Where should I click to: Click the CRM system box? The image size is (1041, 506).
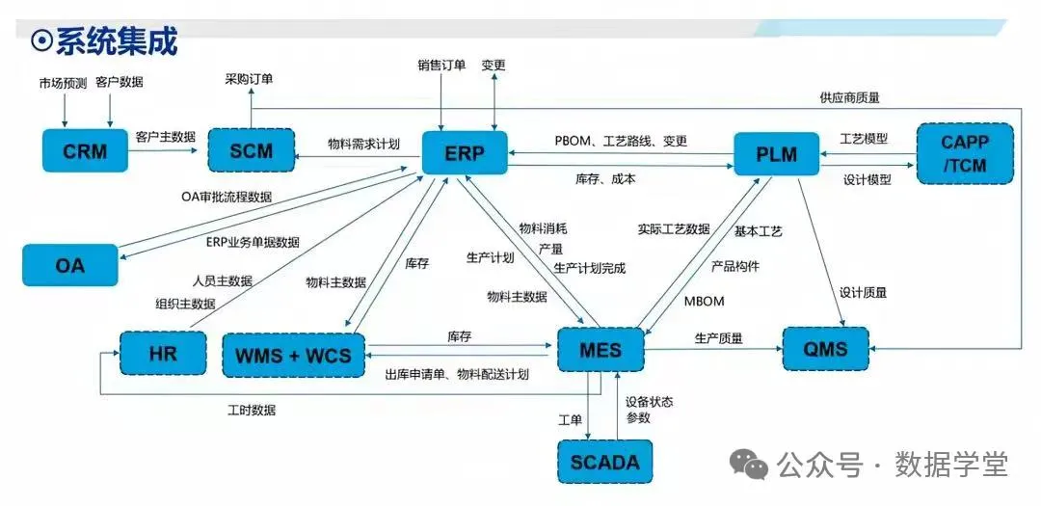[85, 151]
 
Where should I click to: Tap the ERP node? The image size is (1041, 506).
[466, 152]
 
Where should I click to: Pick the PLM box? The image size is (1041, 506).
[776, 152]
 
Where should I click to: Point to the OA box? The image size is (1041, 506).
[70, 263]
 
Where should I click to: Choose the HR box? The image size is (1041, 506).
[163, 353]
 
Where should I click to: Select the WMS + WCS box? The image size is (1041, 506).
[294, 355]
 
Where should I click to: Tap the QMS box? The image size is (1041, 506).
[825, 348]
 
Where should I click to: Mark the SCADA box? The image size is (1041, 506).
[604, 461]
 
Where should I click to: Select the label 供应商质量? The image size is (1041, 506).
[849, 97]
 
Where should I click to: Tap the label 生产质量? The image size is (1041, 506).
[718, 338]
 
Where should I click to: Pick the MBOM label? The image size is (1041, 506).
[704, 301]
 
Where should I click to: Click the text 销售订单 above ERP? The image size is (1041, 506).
[441, 66]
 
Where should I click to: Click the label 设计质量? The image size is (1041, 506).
[863, 292]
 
